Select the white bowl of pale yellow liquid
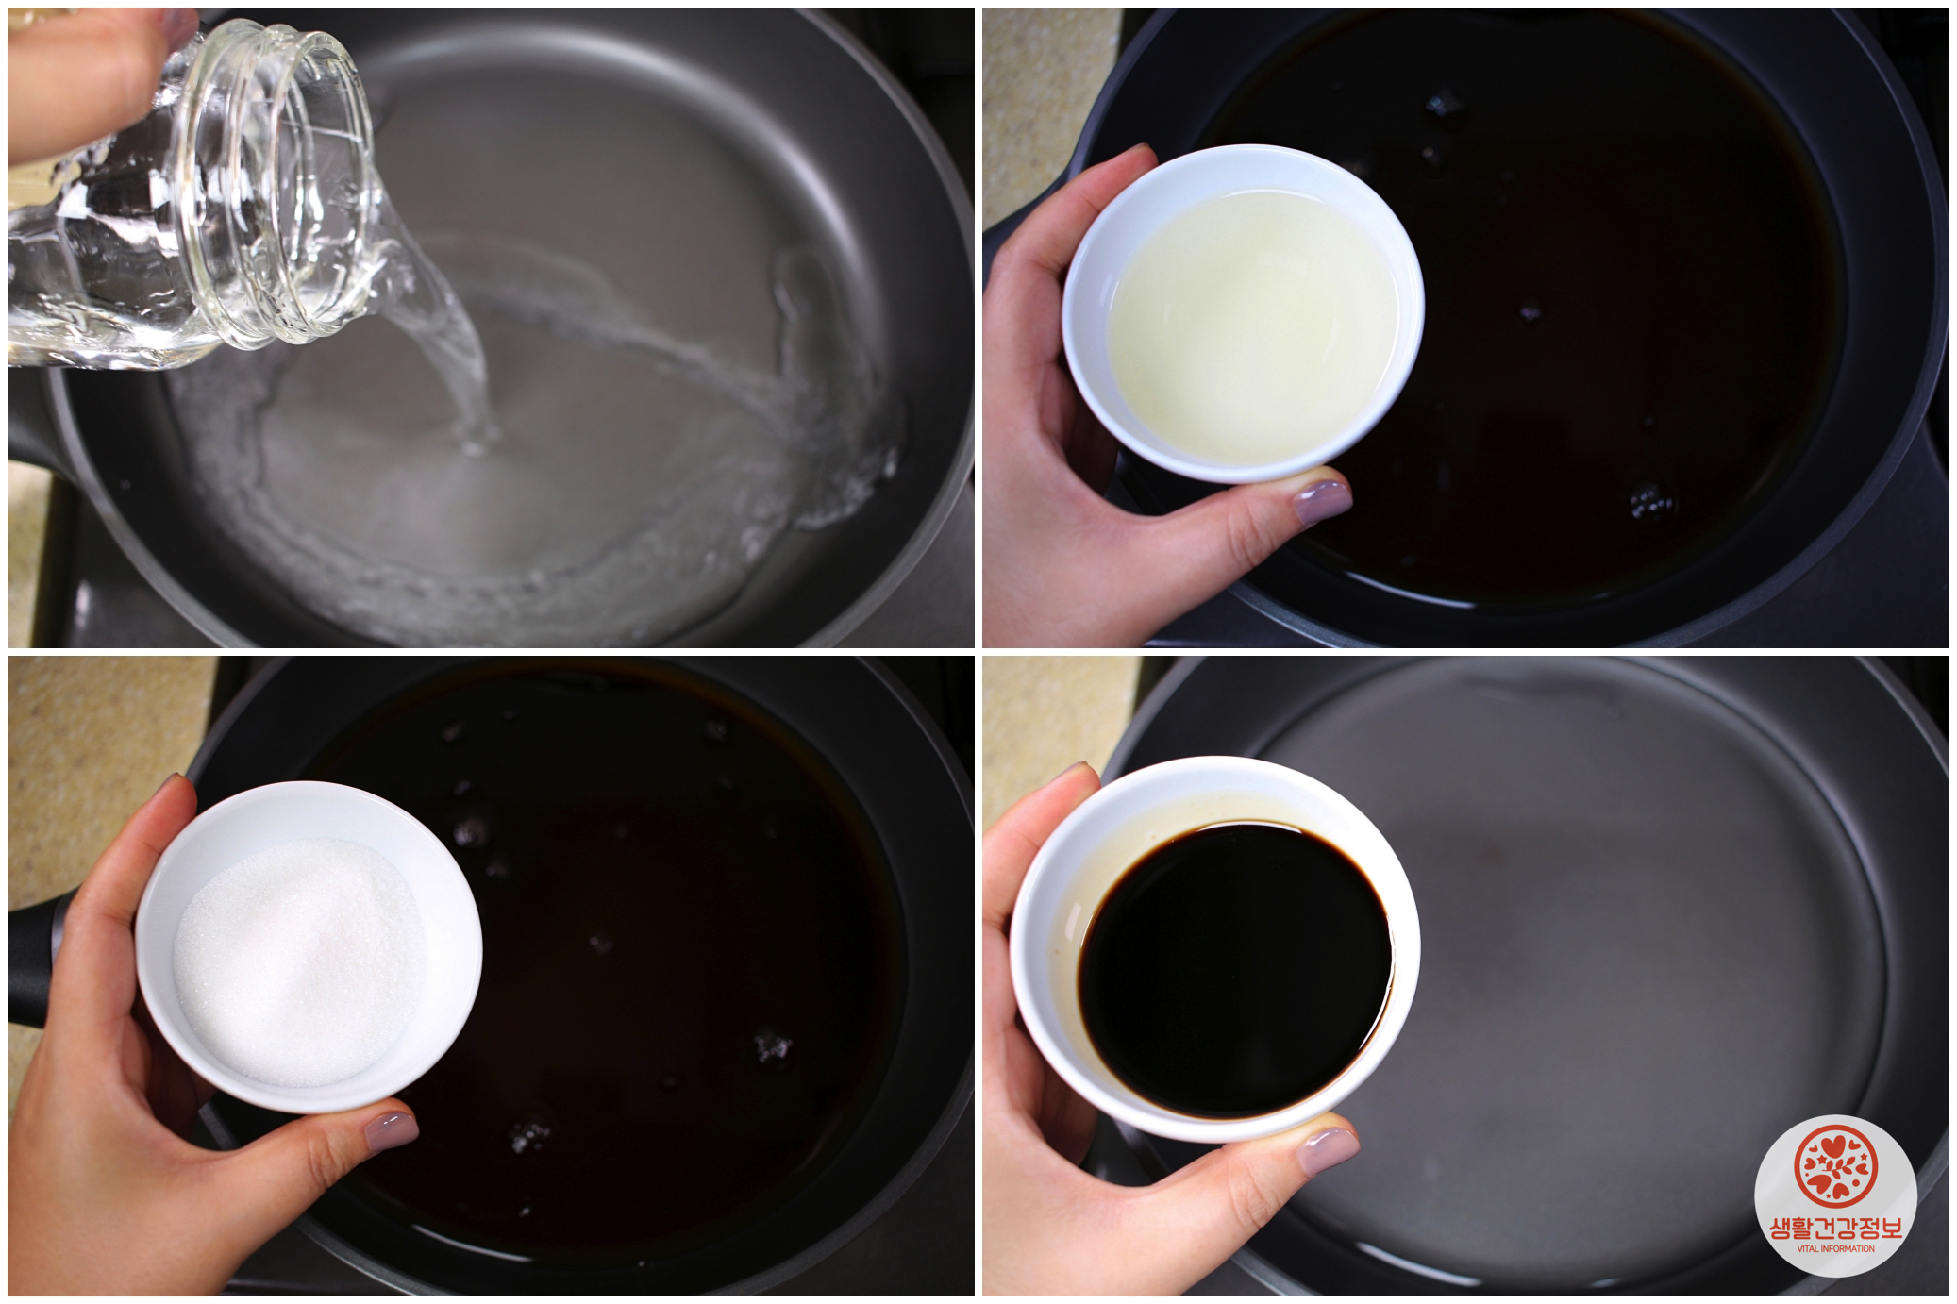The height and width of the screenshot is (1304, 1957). point(1243,313)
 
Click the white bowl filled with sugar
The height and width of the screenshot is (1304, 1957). point(309,946)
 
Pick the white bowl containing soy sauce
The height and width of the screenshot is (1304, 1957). point(1215,948)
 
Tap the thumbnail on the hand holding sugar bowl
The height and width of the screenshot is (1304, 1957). point(391,1130)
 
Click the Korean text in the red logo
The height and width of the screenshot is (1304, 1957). point(1835,1228)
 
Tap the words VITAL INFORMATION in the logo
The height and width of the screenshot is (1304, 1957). point(1835,1248)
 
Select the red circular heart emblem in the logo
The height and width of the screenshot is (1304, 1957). point(1835,1166)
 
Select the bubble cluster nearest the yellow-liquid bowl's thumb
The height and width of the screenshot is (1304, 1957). point(1651,502)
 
